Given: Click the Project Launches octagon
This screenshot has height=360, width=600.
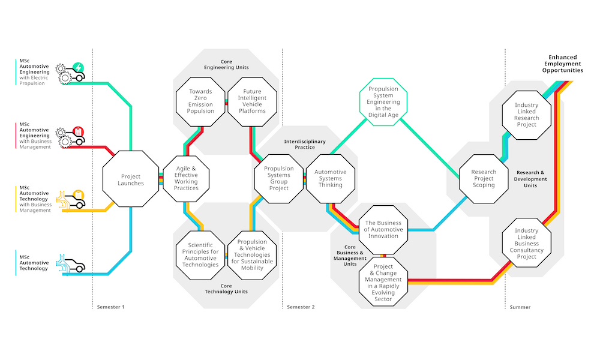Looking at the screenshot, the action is (130, 179).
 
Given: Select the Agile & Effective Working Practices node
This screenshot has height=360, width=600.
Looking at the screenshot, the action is (186, 179).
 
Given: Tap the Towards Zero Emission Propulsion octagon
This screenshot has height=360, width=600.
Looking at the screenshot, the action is (200, 102).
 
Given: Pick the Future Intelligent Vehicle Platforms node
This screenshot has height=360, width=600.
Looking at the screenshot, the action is (252, 102).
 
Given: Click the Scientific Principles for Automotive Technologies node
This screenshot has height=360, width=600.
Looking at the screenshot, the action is (200, 255).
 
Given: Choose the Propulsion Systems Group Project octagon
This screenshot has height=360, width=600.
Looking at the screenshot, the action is (279, 179).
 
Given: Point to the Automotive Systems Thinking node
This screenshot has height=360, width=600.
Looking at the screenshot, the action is (331, 179).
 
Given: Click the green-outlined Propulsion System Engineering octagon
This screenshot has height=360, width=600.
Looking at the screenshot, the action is (383, 102).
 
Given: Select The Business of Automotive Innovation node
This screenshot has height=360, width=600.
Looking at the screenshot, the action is (383, 230).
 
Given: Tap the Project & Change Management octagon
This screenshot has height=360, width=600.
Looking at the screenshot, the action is (383, 281).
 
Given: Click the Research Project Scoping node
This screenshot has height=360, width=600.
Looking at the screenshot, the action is (484, 179).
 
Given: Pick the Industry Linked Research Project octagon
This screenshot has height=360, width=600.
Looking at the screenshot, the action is (527, 115).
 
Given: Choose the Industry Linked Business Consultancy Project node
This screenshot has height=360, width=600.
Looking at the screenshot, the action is (527, 243).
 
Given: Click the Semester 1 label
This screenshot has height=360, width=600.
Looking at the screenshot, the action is (110, 307).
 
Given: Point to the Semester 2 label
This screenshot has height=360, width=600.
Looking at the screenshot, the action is (301, 307).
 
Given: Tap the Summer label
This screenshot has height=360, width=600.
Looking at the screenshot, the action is (520, 307).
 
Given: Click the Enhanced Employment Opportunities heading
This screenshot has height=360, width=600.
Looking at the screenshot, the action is (563, 64).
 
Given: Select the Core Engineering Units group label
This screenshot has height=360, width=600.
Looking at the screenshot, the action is (226, 64).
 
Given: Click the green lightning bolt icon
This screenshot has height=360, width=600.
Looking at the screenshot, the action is (78, 68).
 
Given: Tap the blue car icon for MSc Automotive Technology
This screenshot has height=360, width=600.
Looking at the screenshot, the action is (71, 263).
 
